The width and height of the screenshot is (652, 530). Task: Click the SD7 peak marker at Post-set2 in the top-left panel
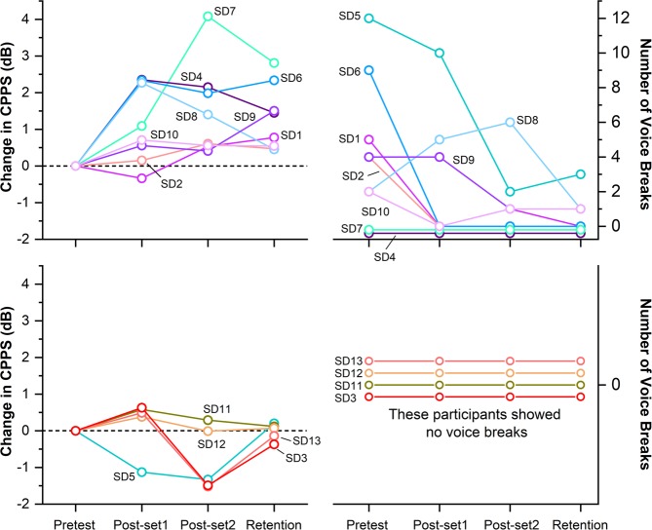tap(208, 17)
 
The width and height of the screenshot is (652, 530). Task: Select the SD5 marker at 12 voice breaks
tap(368, 18)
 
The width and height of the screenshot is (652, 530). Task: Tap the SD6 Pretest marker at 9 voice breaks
tap(368, 70)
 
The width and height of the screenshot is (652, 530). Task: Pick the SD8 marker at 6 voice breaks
tap(510, 122)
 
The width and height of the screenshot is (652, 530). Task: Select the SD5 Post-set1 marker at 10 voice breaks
tap(440, 53)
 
